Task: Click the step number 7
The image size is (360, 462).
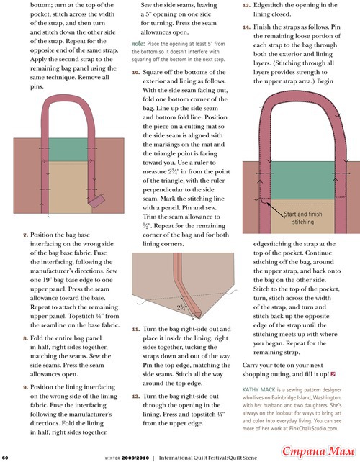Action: [26, 235]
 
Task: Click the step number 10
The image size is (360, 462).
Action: [136, 73]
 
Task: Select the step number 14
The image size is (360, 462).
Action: [246, 27]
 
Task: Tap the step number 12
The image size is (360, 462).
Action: [136, 397]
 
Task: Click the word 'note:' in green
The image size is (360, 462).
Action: [138, 44]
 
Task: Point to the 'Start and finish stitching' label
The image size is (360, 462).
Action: [303, 218]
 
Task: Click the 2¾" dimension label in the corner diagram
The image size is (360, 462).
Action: [182, 307]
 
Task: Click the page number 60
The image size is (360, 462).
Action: [5, 458]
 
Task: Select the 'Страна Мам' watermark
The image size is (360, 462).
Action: [318, 450]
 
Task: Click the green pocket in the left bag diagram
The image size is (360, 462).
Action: [68, 150]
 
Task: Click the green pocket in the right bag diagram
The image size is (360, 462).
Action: [303, 180]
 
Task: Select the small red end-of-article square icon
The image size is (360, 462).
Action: [333, 374]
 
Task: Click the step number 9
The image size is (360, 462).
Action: [26, 387]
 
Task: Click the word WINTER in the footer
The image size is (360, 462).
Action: [112, 458]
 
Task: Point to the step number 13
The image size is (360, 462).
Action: [246, 5]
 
